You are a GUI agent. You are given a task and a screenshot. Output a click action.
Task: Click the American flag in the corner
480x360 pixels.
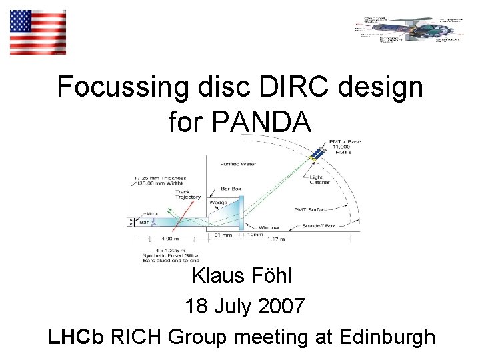[38, 32]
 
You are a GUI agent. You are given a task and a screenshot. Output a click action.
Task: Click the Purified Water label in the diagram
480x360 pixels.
[239, 164]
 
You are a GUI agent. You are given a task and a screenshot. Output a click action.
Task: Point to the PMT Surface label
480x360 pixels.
[309, 210]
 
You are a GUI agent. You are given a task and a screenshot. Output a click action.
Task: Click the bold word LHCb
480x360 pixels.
[75, 337]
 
